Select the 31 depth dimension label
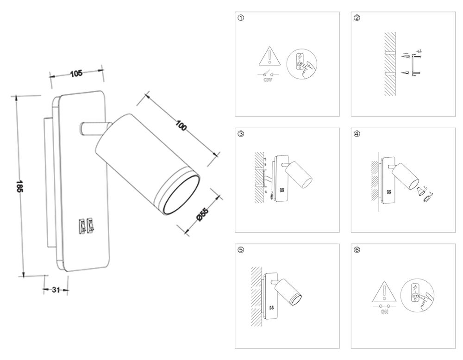click(56, 290)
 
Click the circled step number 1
click(240, 19)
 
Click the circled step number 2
click(357, 19)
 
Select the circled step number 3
click(240, 134)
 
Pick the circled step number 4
click(357, 134)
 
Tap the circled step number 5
click(240, 250)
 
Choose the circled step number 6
click(357, 250)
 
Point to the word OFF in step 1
click(267, 80)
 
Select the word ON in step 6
click(384, 313)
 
